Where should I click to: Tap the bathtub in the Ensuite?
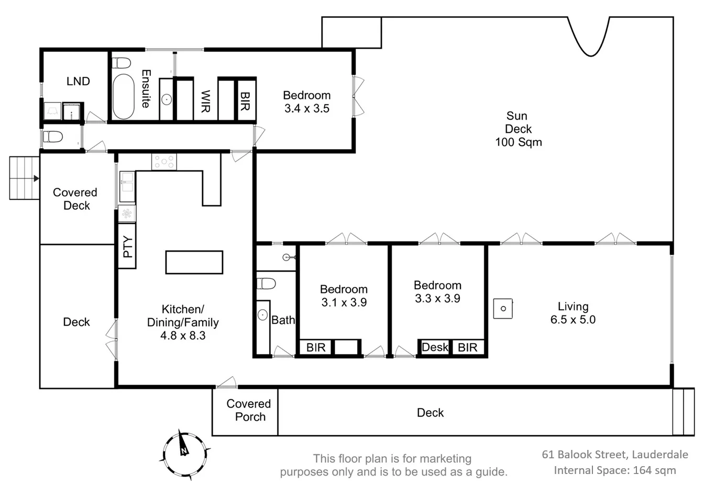(x=124, y=96)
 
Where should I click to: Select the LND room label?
(x=78, y=81)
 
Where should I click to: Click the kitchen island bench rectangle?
(x=194, y=262)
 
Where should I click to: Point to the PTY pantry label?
(x=127, y=246)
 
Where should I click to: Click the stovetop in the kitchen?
(x=164, y=162)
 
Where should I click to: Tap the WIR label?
(x=205, y=101)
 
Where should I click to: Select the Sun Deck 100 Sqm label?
(x=518, y=129)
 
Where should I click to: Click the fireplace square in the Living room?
(x=503, y=308)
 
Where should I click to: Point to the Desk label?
(x=435, y=347)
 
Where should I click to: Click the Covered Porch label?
(x=249, y=410)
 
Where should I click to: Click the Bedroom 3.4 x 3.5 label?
(x=306, y=102)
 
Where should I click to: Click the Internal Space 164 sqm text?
(x=614, y=470)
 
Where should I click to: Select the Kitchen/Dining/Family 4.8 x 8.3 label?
(x=183, y=322)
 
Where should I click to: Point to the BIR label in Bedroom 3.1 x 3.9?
(x=316, y=347)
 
